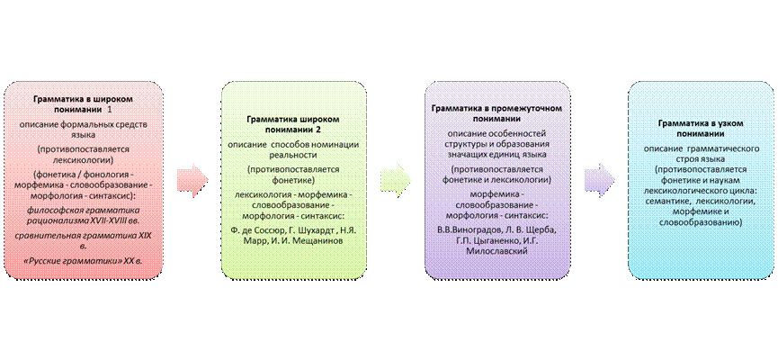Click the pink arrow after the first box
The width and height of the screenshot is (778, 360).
point(192,178)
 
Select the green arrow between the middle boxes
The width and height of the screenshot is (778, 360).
point(397,178)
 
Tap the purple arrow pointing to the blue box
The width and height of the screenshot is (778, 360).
point(600,178)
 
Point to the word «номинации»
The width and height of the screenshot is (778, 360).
point(332,145)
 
